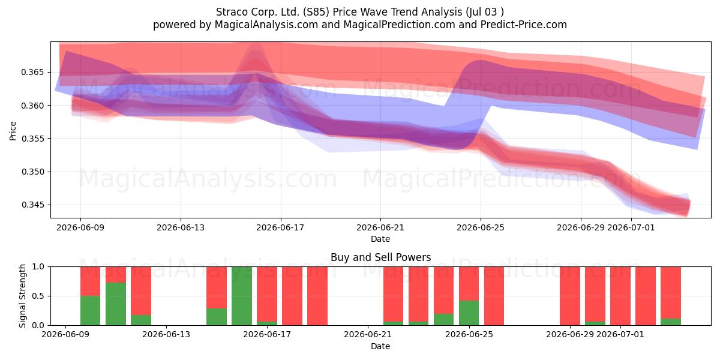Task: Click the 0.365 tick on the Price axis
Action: pos(32,73)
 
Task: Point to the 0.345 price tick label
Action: pos(32,205)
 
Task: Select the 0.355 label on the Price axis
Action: pos(32,139)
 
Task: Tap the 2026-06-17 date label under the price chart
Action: pos(280,228)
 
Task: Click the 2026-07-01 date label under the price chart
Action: pos(631,228)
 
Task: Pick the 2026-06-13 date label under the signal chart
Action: pos(166,335)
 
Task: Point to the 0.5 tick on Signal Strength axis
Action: pos(38,296)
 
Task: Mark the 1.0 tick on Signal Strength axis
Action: pos(38,267)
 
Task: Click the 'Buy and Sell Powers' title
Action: pos(380,257)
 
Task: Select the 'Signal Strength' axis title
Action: pos(22,296)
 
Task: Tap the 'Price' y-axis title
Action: pos(13,131)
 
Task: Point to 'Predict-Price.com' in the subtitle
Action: pos(524,25)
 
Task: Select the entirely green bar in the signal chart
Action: pos(242,296)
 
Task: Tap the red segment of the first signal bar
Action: pos(91,281)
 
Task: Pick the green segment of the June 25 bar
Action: pos(469,313)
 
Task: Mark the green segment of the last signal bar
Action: pos(671,322)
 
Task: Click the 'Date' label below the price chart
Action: pos(380,239)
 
